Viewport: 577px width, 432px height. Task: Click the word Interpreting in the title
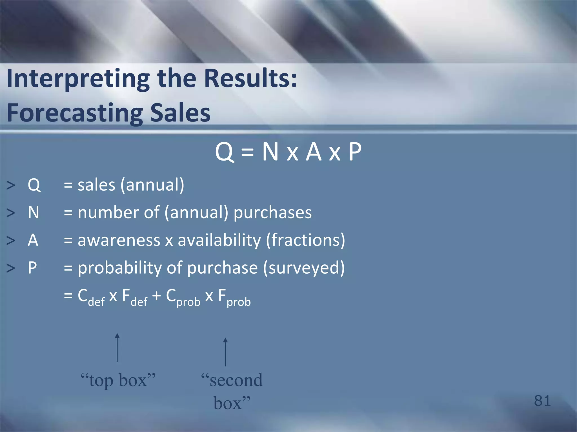(x=78, y=79)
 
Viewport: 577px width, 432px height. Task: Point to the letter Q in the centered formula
(x=224, y=152)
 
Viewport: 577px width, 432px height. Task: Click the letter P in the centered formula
(x=355, y=152)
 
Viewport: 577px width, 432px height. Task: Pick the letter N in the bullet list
(x=34, y=212)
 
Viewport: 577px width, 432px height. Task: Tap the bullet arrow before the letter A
(x=11, y=241)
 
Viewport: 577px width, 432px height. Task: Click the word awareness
(x=119, y=240)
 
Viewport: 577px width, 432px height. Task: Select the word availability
(x=219, y=240)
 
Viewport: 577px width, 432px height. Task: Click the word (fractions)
(x=305, y=240)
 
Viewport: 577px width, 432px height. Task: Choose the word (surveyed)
(x=304, y=268)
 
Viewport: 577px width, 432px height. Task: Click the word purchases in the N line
(x=272, y=212)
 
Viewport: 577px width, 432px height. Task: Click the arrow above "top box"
(x=117, y=348)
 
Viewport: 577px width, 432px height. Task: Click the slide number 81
(x=542, y=400)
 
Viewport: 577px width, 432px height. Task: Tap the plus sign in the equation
(x=156, y=296)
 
